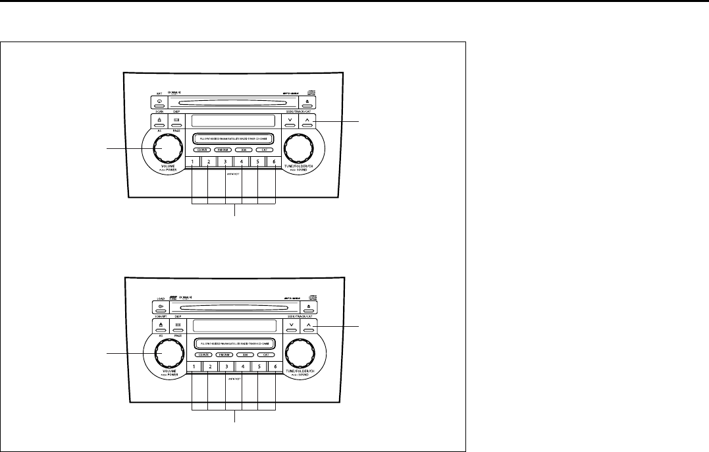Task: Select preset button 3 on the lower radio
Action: click(x=226, y=367)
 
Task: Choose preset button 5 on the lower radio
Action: click(x=259, y=367)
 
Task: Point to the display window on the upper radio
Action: click(x=231, y=121)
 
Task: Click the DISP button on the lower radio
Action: click(x=177, y=326)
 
